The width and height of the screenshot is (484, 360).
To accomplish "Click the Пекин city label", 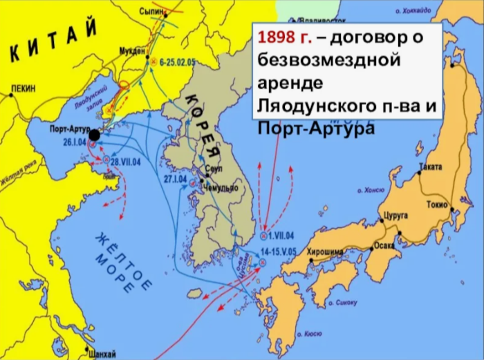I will tap(25, 91).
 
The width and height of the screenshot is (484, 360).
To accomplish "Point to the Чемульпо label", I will tap(221, 188).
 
